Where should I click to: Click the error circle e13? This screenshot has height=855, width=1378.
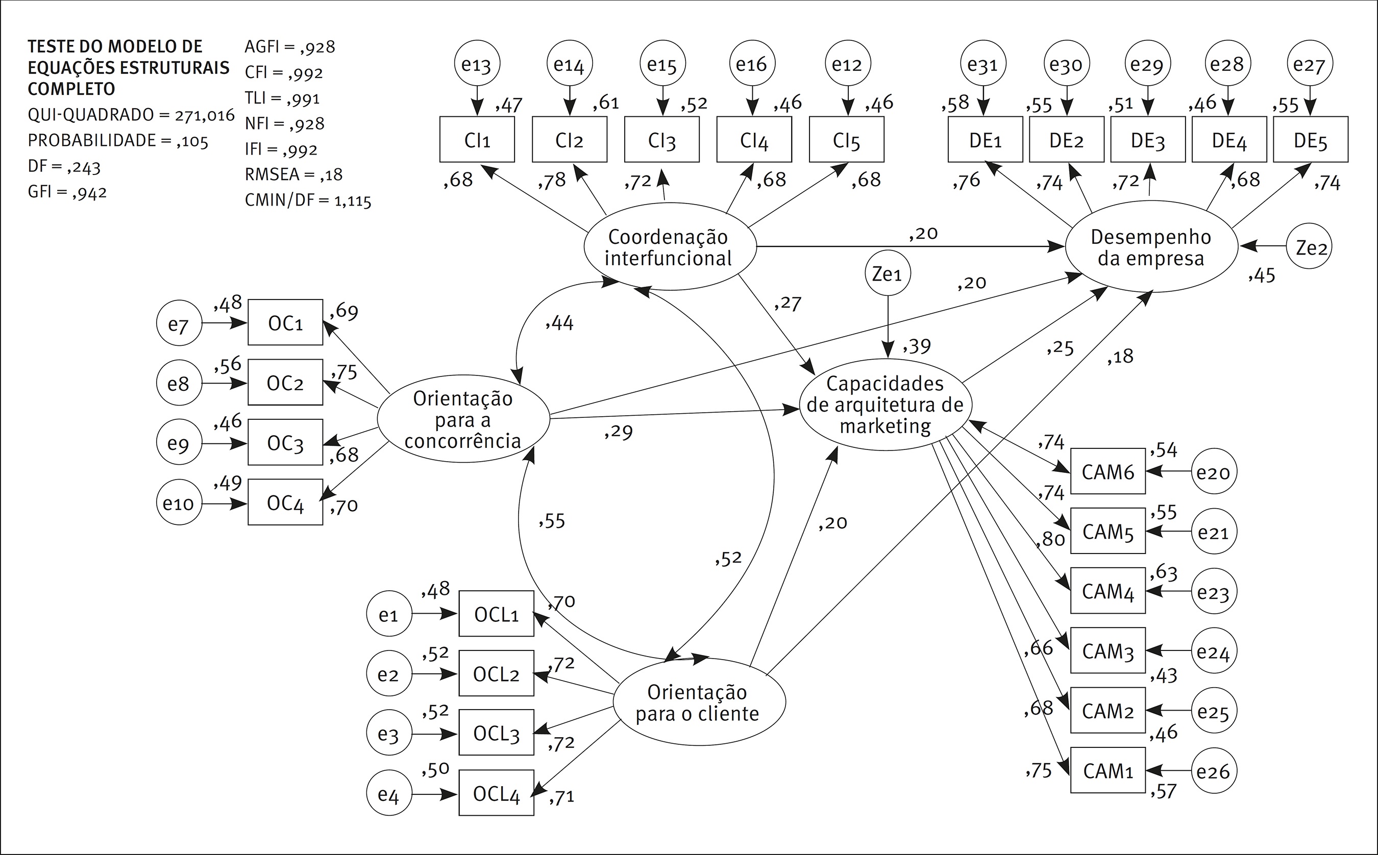[x=477, y=63]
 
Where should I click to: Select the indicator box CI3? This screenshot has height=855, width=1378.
[x=662, y=140]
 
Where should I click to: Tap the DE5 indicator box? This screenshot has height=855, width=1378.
[x=1310, y=140]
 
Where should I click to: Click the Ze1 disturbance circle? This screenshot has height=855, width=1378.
[x=887, y=273]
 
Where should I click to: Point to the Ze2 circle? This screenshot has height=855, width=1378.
[x=1310, y=247]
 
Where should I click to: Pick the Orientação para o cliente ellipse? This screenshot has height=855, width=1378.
[x=699, y=702]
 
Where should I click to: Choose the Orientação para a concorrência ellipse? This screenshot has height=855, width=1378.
[x=463, y=419]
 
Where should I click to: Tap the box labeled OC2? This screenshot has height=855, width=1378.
[x=285, y=383]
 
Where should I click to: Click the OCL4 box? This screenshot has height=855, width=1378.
[x=496, y=793]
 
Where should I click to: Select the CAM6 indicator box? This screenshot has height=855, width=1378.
[x=1108, y=471]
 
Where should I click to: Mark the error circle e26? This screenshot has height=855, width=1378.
[x=1214, y=771]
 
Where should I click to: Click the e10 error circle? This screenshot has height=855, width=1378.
[x=179, y=502]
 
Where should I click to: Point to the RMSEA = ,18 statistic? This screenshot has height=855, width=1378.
[x=293, y=174]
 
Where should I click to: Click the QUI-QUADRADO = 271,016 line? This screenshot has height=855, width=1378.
[x=131, y=115]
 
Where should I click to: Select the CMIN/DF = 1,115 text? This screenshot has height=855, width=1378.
[x=308, y=200]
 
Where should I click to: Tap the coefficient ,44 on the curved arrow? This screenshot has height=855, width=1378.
[x=559, y=323]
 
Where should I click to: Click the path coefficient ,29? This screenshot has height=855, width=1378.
[x=618, y=432]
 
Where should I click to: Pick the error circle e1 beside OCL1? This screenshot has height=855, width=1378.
[x=388, y=614]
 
